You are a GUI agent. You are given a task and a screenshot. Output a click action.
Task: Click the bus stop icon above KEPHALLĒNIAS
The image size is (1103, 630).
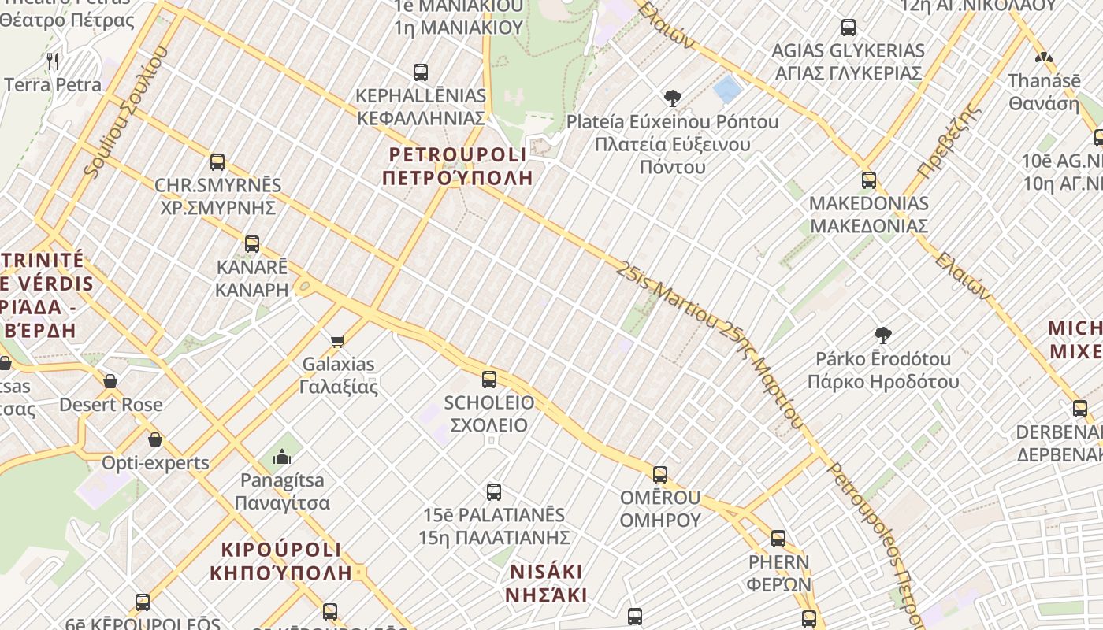coord(421,72)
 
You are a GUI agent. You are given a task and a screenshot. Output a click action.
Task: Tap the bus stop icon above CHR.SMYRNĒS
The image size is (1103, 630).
coord(217,162)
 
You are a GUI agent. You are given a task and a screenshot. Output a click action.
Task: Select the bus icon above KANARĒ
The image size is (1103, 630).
coord(252,244)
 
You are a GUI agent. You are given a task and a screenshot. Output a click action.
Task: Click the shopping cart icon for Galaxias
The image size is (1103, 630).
coord(338,341)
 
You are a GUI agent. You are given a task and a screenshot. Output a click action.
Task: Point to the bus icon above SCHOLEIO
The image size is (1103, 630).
coord(489,380)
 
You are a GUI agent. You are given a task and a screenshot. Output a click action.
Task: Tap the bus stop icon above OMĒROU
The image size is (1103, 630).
coord(660,475)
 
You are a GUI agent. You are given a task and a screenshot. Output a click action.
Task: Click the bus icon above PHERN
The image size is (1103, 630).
coord(778,539)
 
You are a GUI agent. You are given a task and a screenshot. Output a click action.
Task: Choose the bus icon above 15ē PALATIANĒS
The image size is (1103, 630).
coord(494,492)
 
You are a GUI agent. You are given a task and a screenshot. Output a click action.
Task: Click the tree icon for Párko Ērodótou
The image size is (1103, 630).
coord(883,335)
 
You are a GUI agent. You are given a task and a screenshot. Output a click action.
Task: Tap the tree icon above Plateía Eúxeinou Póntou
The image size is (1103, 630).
coord(673,98)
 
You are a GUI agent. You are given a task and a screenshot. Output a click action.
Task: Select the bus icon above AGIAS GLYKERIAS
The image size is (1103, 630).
coord(849,28)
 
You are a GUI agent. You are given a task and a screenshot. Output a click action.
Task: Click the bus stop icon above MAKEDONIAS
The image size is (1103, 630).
coord(869,180)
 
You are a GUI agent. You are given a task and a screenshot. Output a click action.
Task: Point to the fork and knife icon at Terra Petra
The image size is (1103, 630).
coord(53,61)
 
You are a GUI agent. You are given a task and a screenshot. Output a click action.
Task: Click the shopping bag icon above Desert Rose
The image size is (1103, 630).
coord(110,382)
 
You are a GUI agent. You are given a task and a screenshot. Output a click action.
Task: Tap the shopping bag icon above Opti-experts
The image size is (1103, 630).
coord(155,439)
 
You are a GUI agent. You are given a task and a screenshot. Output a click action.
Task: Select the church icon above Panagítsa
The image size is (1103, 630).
coord(282,457)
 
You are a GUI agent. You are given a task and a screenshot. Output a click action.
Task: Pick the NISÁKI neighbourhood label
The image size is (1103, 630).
coord(548,583)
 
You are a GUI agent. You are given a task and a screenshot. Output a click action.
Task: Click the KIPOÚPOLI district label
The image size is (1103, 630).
coord(281,561)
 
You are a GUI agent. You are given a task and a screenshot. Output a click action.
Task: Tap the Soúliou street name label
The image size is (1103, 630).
coord(124,114)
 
